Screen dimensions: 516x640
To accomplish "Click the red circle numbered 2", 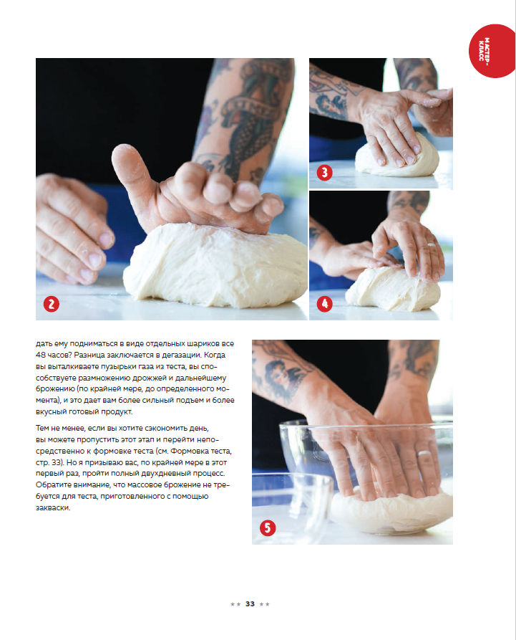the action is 52,304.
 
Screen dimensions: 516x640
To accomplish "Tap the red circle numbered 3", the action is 324,173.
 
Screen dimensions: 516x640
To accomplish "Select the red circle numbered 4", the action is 324,304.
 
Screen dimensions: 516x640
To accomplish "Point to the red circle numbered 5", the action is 268,527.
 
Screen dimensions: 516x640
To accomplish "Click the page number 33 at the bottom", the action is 250,603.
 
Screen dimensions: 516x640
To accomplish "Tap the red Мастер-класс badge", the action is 492,51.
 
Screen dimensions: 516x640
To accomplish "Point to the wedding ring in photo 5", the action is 424,454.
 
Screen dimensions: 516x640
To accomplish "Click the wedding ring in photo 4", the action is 432,245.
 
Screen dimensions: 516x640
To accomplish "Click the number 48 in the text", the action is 40,355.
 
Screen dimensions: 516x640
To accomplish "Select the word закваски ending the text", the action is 53,508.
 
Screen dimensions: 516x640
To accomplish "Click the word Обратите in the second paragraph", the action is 53,485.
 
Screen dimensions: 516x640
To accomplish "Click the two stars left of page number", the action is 235,604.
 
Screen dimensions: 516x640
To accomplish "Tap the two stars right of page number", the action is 265,604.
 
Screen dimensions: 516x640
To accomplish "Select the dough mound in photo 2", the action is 216,265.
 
